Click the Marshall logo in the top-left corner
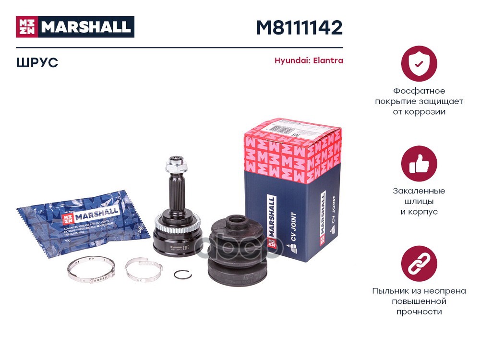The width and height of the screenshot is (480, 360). coord(75,27)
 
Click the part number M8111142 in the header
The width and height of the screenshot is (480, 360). coord(299,28)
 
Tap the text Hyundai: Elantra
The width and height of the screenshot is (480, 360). coord(308,61)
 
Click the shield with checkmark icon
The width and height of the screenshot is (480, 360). coord(419,63)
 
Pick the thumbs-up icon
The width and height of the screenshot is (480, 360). coord(419,164)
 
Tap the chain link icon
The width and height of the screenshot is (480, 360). coord(419,264)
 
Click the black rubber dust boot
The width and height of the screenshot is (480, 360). coord(239,254)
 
